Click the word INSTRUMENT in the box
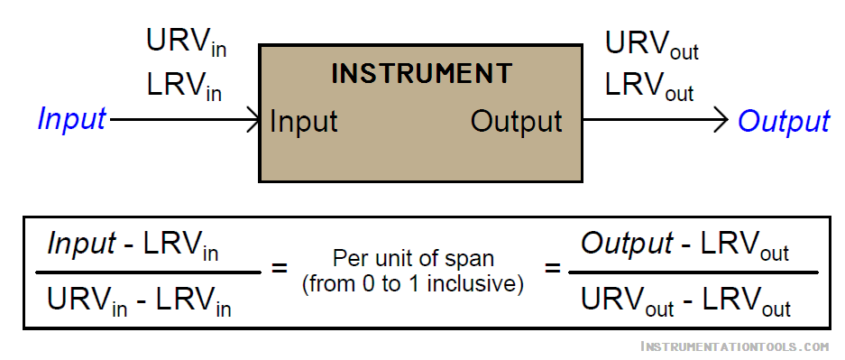(421, 73)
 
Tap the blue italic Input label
(71, 119)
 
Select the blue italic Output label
(783, 121)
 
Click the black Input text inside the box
(304, 121)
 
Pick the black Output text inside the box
(516, 121)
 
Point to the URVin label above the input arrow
(186, 42)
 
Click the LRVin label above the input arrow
(184, 87)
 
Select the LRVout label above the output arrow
(649, 87)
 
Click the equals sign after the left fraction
(280, 269)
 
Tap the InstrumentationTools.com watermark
(733, 346)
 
